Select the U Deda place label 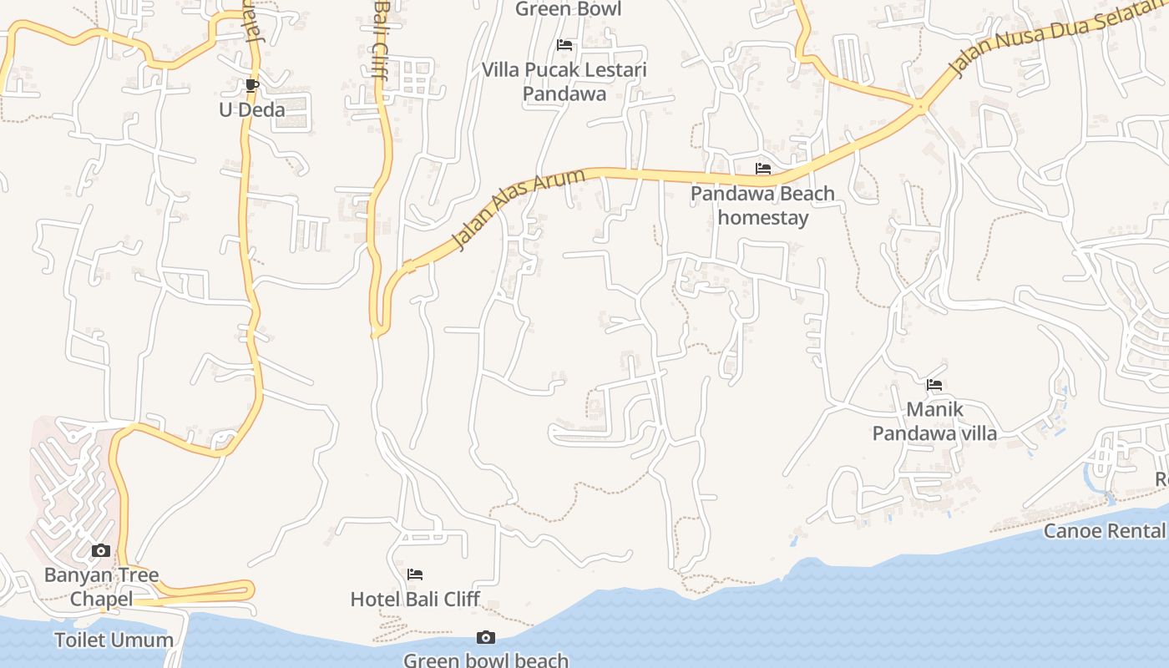tap(251, 109)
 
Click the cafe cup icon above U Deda tap(252, 84)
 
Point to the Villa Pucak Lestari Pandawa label tap(564, 81)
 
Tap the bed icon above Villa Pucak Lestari tap(564, 45)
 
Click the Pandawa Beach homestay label tap(762, 205)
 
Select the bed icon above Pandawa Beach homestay tap(762, 169)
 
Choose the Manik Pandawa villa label tap(934, 421)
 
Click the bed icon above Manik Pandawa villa tap(934, 385)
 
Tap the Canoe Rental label tap(1104, 531)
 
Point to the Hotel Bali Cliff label tap(415, 599)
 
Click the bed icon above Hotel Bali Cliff tap(415, 574)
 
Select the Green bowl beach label tap(486, 660)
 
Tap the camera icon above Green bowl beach tap(486, 638)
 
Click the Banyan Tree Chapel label tap(101, 587)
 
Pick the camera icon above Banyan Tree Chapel tap(101, 551)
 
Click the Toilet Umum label tap(114, 640)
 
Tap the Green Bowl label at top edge tap(568, 9)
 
